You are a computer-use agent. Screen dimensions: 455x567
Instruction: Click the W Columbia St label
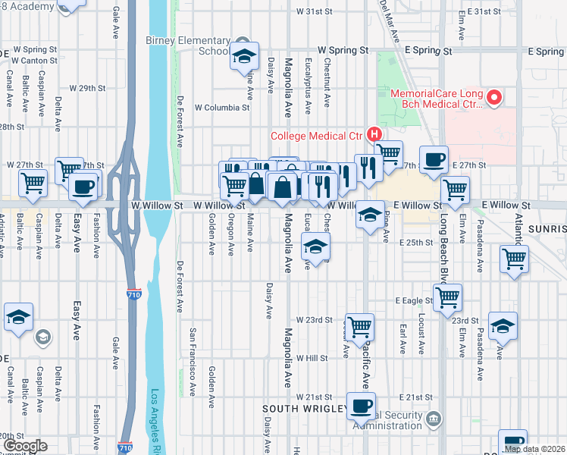tap(222, 108)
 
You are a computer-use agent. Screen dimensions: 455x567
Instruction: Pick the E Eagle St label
tap(413, 301)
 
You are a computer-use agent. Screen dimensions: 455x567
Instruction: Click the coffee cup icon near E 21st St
tap(362, 405)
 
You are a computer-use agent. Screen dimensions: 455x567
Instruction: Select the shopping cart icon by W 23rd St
tap(359, 326)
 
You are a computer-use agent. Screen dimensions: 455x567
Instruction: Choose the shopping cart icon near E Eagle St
tap(448, 297)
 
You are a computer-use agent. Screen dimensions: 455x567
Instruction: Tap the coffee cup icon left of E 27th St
tap(434, 159)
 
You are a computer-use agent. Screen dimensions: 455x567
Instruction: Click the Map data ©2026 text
tap(534, 449)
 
